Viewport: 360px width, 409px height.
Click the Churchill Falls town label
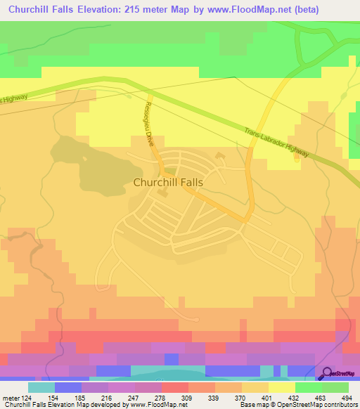[168, 181]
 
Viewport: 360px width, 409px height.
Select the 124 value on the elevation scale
[26, 398]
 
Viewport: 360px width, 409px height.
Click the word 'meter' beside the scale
[9, 398]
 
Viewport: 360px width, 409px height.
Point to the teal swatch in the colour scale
[41, 387]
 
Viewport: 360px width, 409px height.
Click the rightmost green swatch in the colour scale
[335, 387]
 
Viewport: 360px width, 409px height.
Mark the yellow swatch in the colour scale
[281, 387]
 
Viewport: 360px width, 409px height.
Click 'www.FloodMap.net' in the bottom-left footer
[157, 405]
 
